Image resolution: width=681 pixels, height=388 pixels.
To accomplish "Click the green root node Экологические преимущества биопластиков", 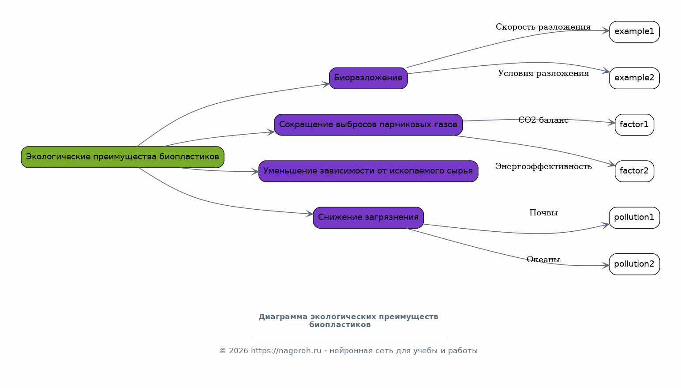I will pos(123,157).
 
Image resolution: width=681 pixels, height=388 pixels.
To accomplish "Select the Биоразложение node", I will pos(368,78).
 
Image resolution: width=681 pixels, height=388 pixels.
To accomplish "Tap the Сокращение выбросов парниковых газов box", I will pos(368,125).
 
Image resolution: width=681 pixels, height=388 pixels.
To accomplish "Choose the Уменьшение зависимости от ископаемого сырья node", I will pos(368,171).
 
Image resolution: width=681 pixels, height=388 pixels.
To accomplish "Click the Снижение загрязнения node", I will pos(368,218).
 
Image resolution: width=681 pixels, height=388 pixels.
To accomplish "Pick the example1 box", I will pos(634,32).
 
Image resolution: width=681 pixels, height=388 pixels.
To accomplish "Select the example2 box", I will pos(634,78).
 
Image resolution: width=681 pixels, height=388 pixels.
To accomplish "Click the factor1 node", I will pos(634,125).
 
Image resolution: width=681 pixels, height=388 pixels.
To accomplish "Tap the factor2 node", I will pos(634,171).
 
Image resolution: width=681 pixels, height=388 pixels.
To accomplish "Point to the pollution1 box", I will pos(634,218).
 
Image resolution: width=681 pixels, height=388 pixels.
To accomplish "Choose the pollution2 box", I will pos(634,264).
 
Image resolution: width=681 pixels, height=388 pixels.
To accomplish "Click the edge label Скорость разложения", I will pos(543,27).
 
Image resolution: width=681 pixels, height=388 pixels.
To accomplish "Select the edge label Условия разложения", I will pos(543,73).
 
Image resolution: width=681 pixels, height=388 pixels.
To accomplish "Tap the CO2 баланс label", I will pos(543,120).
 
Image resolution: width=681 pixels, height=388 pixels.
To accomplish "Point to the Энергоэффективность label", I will pos(543,166).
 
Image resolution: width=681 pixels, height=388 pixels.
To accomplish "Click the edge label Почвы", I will pos(543,213).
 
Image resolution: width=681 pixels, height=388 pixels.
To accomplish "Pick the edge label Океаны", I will pos(543,260).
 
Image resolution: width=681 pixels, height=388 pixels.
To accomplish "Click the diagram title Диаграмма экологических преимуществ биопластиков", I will pos(348,320).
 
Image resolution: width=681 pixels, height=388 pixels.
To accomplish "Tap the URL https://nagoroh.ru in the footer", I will pos(286,351).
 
